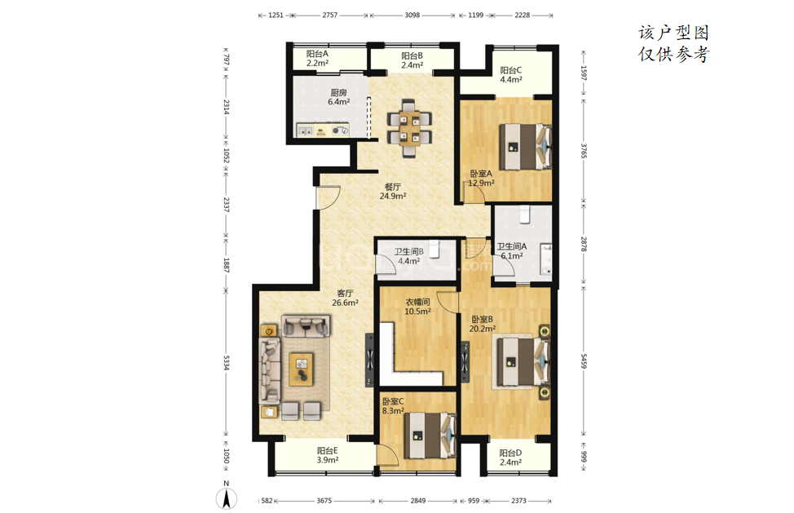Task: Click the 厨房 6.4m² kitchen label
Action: [339, 97]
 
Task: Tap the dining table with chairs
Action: [409, 128]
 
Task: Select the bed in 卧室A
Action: [525, 146]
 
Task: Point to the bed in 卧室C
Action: [430, 435]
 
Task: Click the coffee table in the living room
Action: [302, 369]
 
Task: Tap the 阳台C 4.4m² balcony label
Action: [511, 75]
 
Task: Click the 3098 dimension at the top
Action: [412, 15]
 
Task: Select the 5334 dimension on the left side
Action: [227, 362]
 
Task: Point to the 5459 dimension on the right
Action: [584, 360]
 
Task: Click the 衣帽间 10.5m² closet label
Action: [417, 307]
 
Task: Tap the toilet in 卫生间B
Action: [434, 249]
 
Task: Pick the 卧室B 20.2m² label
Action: [482, 324]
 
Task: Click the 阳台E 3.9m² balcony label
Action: [328, 455]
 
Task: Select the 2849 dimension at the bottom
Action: [417, 501]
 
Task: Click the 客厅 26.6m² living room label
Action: [345, 298]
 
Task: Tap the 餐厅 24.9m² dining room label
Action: [393, 192]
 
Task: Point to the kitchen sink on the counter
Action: [305, 130]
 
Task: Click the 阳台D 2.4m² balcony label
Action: [510, 458]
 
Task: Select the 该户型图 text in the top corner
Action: [673, 33]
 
